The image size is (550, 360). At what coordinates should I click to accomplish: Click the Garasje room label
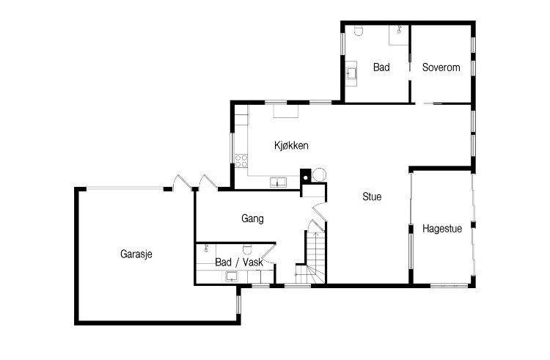[x=136, y=254]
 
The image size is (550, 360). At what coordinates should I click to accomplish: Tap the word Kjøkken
[x=291, y=145]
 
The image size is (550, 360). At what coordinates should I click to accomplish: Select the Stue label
[x=372, y=196]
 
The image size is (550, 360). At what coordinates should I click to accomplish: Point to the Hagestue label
[x=442, y=229]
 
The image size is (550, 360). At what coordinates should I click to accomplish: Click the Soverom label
[x=441, y=67]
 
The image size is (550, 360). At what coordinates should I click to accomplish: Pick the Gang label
[x=252, y=218]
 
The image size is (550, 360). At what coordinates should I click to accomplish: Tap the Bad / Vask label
[x=239, y=262]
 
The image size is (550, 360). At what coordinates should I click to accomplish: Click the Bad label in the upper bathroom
[x=381, y=67]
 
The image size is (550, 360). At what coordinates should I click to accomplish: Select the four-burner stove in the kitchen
[x=241, y=161]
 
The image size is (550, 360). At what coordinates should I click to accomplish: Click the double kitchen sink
[x=278, y=183]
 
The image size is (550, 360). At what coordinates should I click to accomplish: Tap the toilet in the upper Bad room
[x=359, y=31]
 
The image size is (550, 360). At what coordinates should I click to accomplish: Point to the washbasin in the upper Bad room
[x=351, y=73]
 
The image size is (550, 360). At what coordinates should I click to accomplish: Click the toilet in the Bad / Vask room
[x=247, y=249]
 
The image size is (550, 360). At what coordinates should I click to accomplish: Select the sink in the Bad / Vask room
[x=232, y=276]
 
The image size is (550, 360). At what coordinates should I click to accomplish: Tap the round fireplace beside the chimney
[x=319, y=175]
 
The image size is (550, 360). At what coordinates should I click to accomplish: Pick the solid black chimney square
[x=306, y=176]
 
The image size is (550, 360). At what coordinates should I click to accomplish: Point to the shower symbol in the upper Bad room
[x=399, y=29]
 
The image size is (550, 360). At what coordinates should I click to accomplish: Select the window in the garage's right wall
[x=238, y=304]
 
